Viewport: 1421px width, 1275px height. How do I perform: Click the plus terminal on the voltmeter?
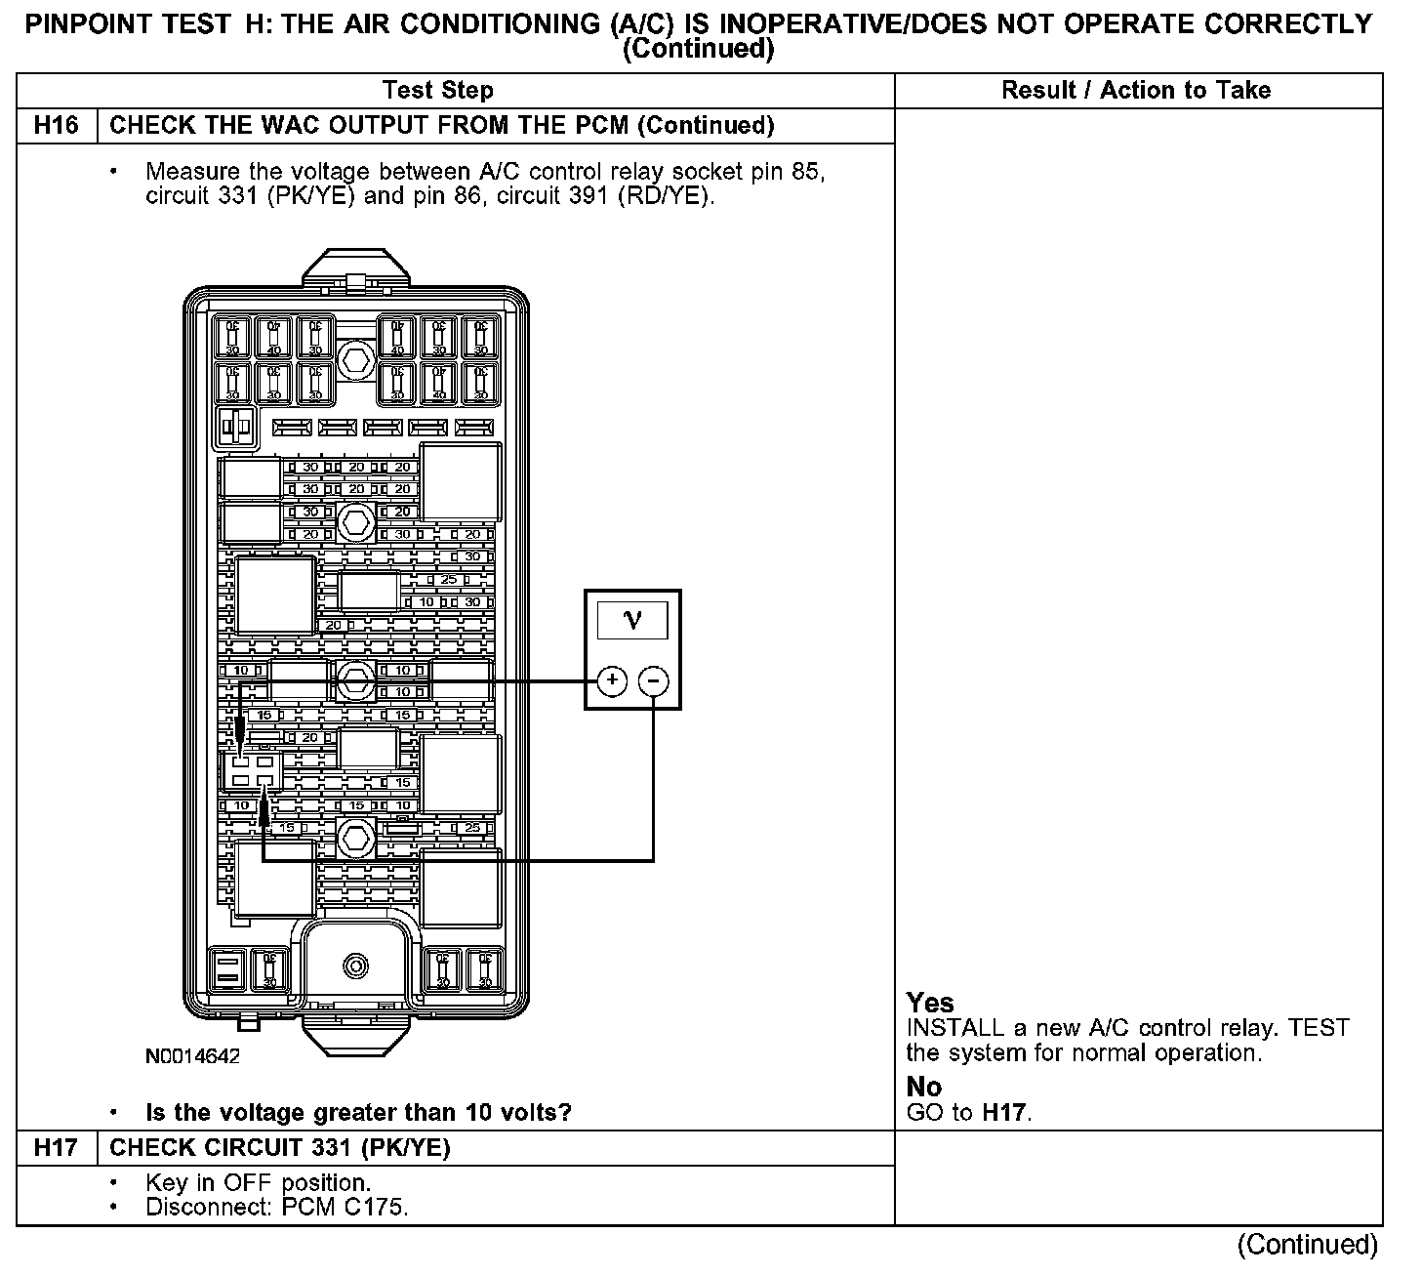click(x=611, y=680)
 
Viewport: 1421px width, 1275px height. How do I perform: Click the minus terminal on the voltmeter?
click(x=654, y=680)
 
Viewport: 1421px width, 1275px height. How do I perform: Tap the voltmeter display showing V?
click(x=632, y=621)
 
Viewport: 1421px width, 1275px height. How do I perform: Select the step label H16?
click(x=57, y=126)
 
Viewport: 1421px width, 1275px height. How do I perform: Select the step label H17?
click(x=57, y=1147)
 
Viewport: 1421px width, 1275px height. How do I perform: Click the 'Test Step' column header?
click(x=438, y=91)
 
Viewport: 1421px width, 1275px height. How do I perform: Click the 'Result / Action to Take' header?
click(x=1136, y=91)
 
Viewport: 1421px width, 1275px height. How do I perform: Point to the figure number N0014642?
click(x=192, y=1056)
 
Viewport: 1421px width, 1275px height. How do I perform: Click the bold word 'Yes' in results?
click(x=930, y=1003)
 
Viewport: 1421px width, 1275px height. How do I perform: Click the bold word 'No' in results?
click(x=924, y=1087)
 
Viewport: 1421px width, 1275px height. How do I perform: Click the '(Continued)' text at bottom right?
click(x=1307, y=1245)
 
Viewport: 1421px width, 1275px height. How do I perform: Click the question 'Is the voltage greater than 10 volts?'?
click(x=358, y=1112)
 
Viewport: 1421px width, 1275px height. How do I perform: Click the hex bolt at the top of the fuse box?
click(x=355, y=362)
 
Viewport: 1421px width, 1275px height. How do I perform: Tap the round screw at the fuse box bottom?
click(x=356, y=967)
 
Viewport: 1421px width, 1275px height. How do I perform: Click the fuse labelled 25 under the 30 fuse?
click(x=450, y=580)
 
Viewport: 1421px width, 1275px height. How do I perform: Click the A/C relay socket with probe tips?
click(x=251, y=770)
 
